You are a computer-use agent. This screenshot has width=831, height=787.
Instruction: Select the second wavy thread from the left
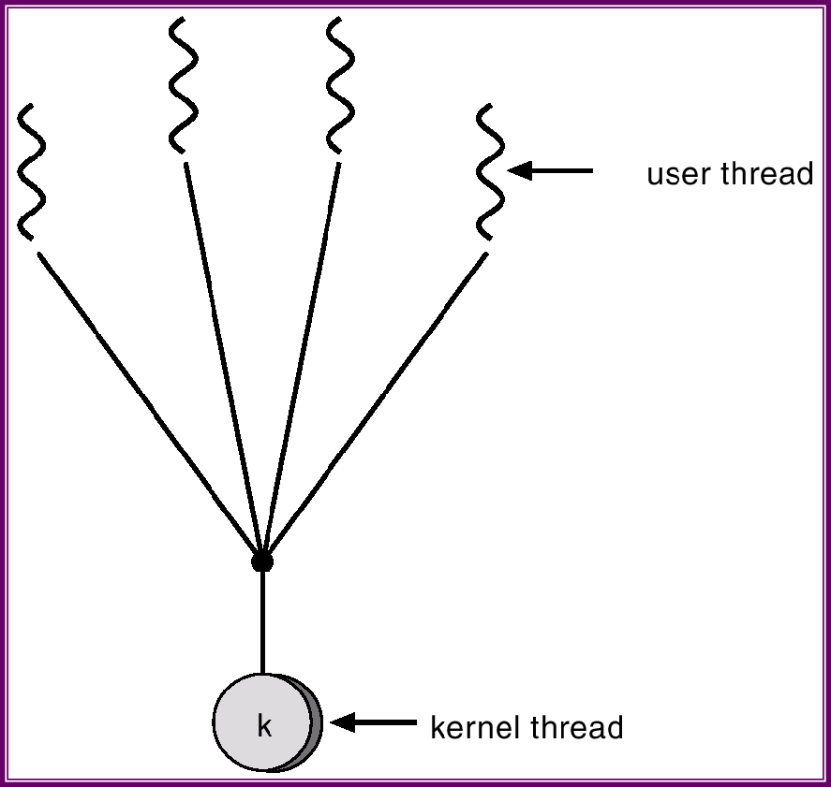coord(184,84)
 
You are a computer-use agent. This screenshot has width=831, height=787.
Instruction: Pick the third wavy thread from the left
coord(340,84)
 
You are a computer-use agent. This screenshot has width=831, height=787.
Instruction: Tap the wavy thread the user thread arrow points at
coord(490,173)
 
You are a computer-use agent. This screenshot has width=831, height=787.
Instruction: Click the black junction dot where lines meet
coord(262,561)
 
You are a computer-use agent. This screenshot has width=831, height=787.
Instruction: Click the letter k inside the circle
coord(264,726)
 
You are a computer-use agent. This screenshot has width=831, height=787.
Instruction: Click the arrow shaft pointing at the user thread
coord(562,171)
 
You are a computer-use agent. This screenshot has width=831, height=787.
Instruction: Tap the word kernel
coord(473,727)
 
